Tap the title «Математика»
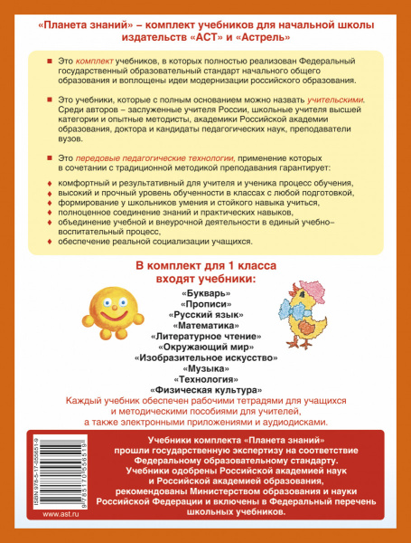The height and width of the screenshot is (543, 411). [x=205, y=335]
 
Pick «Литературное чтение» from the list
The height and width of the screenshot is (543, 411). [x=205, y=348]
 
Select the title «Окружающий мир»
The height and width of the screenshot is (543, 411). [x=205, y=359]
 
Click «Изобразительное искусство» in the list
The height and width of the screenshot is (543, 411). [x=205, y=372]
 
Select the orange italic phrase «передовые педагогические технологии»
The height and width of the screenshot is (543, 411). [x=123, y=158]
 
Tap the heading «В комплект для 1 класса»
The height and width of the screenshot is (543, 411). [x=205, y=264]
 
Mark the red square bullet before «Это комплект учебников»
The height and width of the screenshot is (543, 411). [x=48, y=58]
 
